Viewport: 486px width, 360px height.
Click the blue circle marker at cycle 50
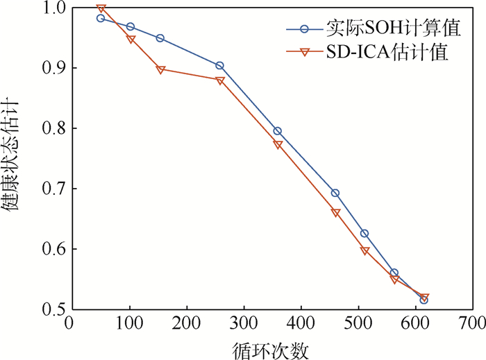[101, 19]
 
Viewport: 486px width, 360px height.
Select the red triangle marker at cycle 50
[101, 9]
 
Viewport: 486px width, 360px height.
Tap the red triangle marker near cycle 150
[160, 69]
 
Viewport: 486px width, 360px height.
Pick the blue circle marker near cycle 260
[220, 65]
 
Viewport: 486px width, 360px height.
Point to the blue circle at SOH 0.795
[278, 131]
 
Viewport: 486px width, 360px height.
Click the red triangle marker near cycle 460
[336, 213]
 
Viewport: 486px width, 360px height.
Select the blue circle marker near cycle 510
[364, 234]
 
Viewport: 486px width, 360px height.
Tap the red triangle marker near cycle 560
[394, 280]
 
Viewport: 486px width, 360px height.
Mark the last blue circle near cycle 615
[424, 300]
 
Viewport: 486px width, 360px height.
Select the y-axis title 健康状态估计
[15, 159]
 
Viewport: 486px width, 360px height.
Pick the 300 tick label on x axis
[244, 325]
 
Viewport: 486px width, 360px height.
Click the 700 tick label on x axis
[472, 325]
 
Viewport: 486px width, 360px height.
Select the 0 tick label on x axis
[69, 325]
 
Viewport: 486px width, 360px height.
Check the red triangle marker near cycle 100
[131, 40]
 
